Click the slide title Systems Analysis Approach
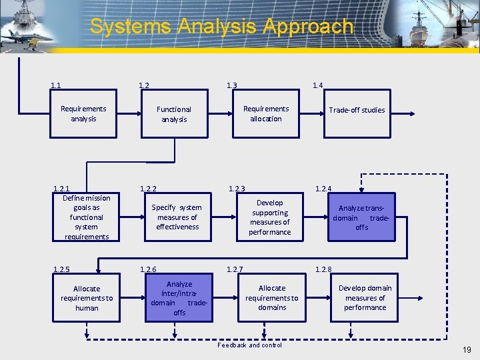tap(221, 27)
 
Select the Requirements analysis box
tap(83, 114)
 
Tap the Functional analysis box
tap(173, 114)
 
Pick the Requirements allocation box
tap(266, 114)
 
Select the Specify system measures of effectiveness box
tap(177, 217)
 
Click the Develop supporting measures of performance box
tap(270, 217)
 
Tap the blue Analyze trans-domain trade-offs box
tap(361, 217)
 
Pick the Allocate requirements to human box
tap(87, 298)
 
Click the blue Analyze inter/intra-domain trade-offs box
tap(179, 298)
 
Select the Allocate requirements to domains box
tap(272, 298)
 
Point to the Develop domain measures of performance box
tap(365, 298)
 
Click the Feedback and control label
tap(250, 345)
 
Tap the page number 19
tap(467, 350)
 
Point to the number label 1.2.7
tap(235, 269)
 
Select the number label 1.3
tap(231, 85)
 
